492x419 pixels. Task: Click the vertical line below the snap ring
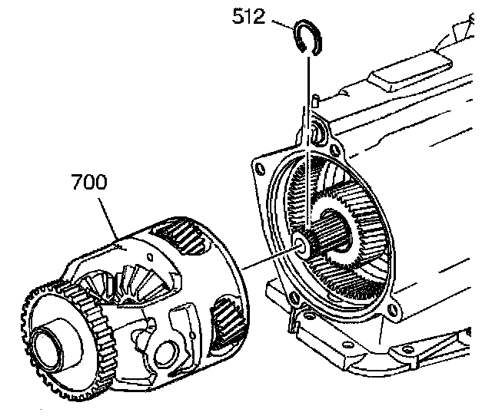(308, 138)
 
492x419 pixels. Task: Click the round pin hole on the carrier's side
(162, 352)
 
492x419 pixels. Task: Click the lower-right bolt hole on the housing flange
(394, 311)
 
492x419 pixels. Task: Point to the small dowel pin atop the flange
(315, 100)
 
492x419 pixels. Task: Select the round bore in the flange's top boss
(317, 135)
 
